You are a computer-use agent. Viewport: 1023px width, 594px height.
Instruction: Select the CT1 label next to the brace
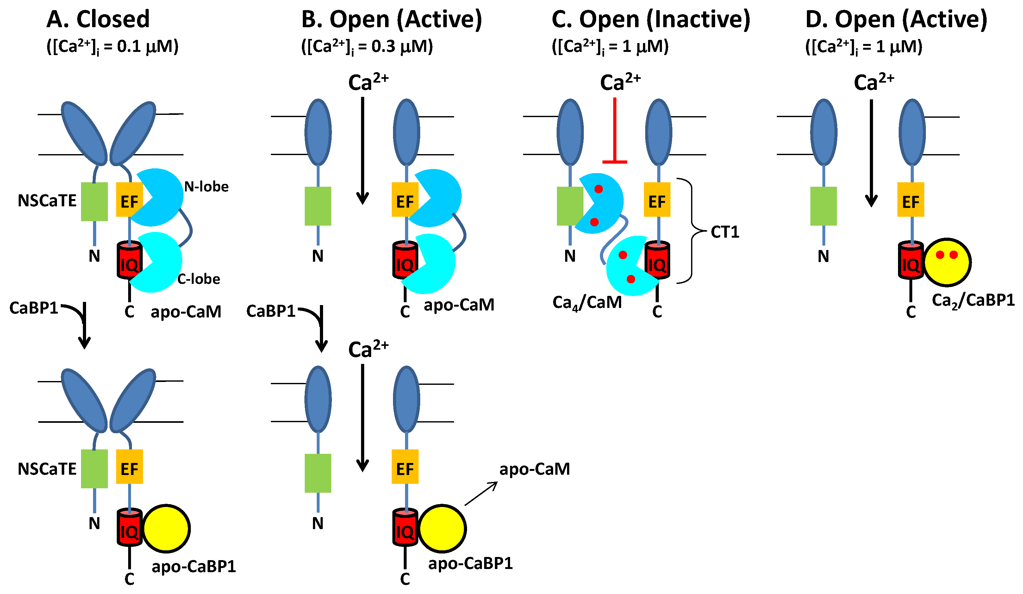click(725, 232)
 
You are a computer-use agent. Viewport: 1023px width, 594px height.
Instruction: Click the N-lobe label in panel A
click(206, 186)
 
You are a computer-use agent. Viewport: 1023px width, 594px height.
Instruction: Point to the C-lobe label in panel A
click(198, 279)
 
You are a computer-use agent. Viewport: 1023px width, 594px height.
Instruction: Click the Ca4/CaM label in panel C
click(587, 303)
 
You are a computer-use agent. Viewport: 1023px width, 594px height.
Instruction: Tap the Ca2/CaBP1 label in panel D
click(973, 300)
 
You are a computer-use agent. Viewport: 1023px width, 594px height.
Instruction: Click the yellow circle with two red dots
click(947, 262)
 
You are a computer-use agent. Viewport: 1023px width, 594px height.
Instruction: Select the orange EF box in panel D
click(911, 200)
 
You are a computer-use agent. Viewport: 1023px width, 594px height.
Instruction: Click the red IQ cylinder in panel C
click(657, 261)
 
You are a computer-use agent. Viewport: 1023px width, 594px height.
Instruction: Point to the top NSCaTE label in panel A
click(47, 201)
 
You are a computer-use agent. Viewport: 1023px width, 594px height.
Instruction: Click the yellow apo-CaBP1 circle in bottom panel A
click(166, 528)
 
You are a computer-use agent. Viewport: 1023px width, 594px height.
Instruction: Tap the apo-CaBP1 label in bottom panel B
click(471, 563)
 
